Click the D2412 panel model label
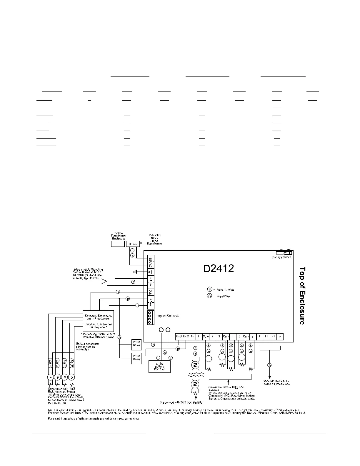tap(219, 269)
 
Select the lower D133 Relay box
tap(136, 359)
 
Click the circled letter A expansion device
tap(50, 377)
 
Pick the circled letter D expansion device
tap(71, 377)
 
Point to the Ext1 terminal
tap(179, 336)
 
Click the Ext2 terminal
tap(186, 336)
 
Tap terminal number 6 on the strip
tap(252, 336)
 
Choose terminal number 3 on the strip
tap(219, 336)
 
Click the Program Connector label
tap(168, 316)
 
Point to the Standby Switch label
tap(281, 257)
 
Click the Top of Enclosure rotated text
tap(302, 295)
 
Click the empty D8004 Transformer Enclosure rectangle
tap(118, 244)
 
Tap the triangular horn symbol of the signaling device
tap(104, 282)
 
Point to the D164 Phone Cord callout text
tap(276, 382)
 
